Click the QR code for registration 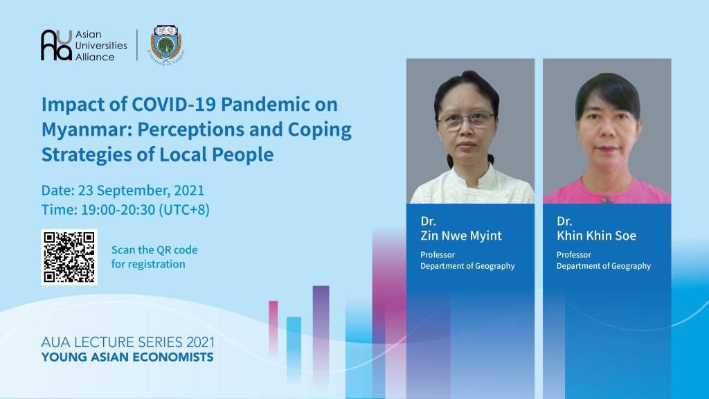tap(69, 257)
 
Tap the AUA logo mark tap(57, 45)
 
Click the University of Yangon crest tap(166, 44)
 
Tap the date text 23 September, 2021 tap(141, 190)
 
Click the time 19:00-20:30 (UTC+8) tap(145, 210)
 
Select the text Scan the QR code tap(154, 249)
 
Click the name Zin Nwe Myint tap(461, 236)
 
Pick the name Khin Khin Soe tap(596, 236)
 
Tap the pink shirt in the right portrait tap(607, 191)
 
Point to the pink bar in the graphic tap(273, 328)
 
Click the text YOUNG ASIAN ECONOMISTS tap(127, 357)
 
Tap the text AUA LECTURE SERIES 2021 tap(128, 342)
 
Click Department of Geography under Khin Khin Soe tap(604, 266)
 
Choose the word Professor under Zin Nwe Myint tap(438, 255)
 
